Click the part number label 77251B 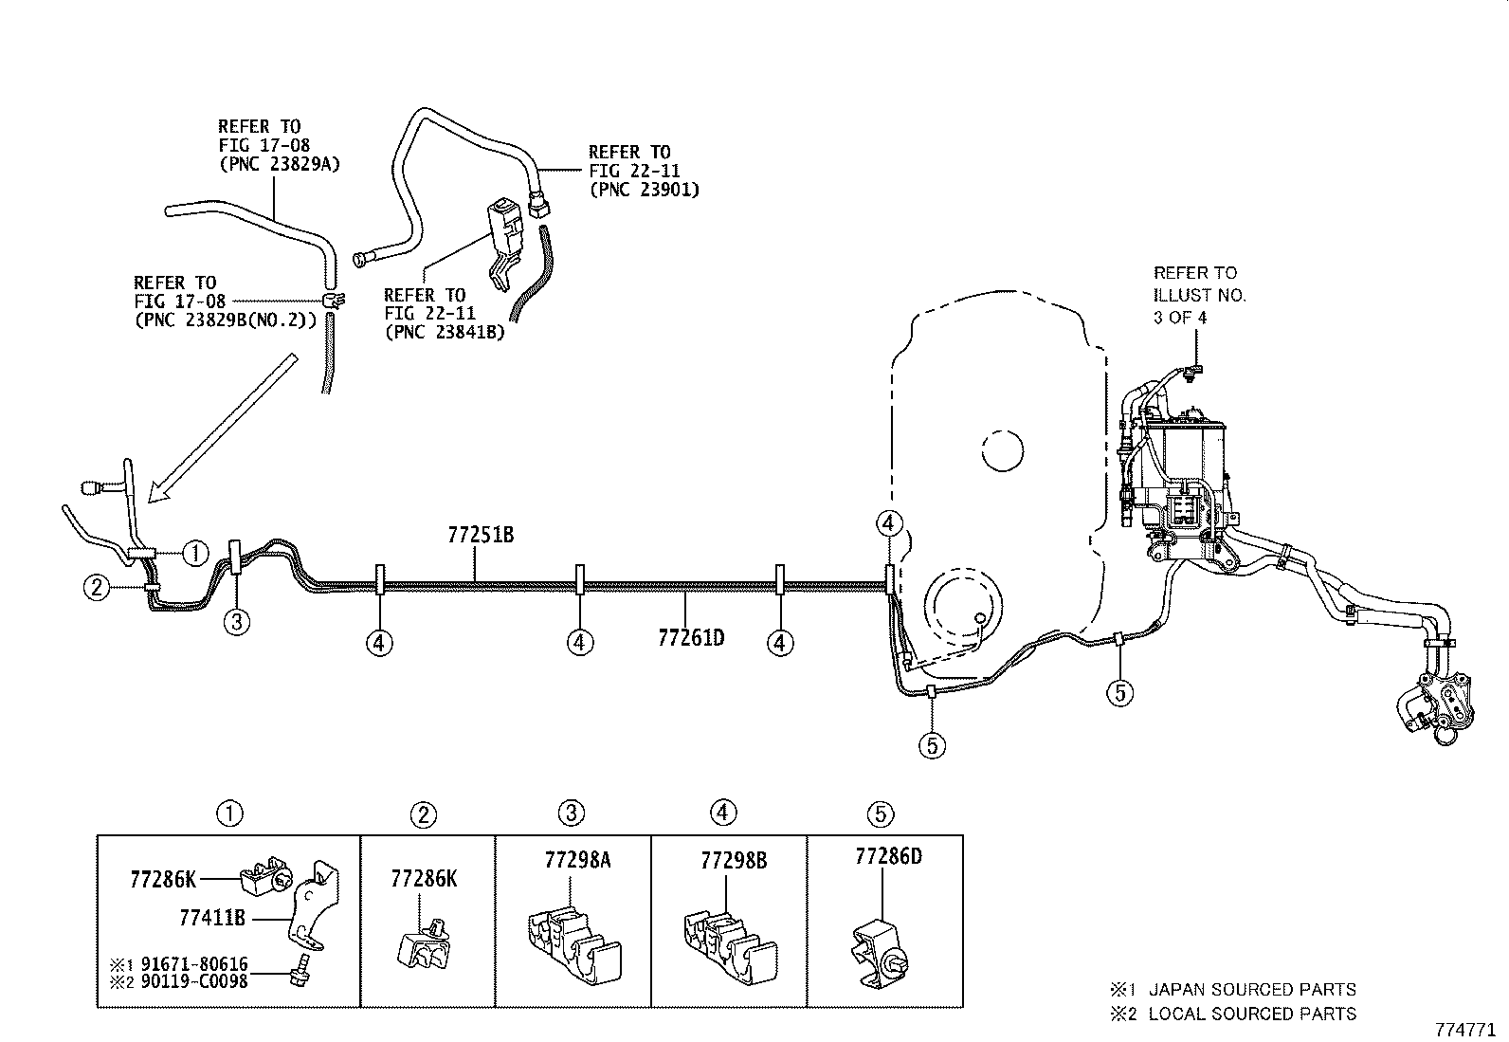pos(481,535)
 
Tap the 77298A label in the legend pos(578,860)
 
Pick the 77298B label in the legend pos(734,861)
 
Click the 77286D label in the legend pos(888,856)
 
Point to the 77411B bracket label pos(212,918)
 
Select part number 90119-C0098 pos(191,981)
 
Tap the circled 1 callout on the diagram pos(194,553)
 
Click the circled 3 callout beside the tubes pos(237,622)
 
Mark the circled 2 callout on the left pos(96,589)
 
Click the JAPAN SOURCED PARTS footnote pos(1251,989)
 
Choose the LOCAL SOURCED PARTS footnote pos(1251,1014)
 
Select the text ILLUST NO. pos(1199,295)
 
